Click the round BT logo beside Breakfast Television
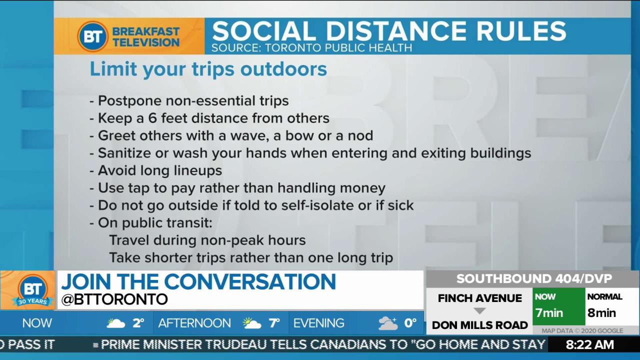tap(93, 36)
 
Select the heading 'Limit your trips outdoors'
tap(208, 69)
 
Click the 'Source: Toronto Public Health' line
tap(311, 48)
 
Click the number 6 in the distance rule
tap(152, 118)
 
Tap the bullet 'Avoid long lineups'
tap(155, 171)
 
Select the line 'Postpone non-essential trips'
tap(189, 101)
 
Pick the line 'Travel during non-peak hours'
tap(207, 240)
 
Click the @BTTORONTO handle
tap(114, 299)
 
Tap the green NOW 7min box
tap(559, 306)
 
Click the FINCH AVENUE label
tap(480, 298)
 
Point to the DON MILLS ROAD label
tap(479, 325)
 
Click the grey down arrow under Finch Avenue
tap(479, 311)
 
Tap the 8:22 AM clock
tap(590, 345)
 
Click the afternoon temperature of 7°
tap(274, 323)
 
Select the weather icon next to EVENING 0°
tap(387, 323)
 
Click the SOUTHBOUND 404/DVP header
tap(534, 279)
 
